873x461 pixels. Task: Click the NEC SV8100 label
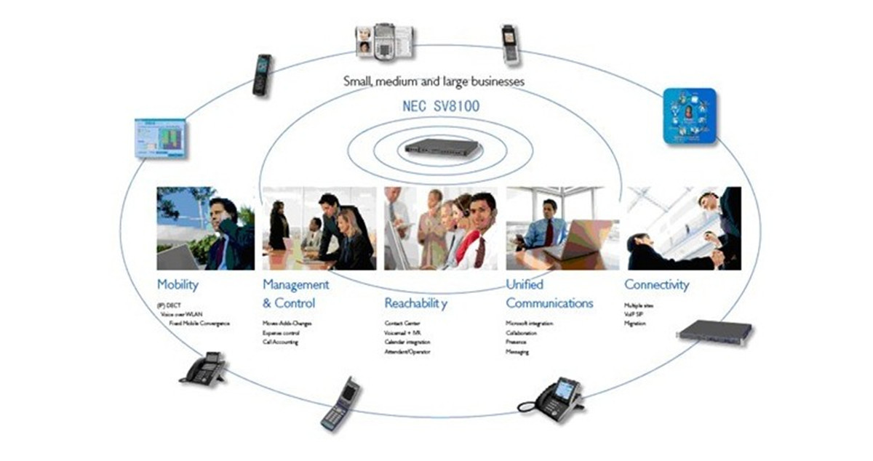[x=441, y=107]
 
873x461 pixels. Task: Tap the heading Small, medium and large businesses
[x=434, y=81]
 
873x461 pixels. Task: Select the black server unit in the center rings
[x=442, y=148]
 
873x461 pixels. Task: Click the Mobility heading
[x=178, y=285]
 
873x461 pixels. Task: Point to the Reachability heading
[x=415, y=303]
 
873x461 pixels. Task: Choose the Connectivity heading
[x=656, y=285]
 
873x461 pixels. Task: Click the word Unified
[x=525, y=284]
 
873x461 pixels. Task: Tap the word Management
[x=295, y=284]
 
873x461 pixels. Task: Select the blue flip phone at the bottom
[x=340, y=404]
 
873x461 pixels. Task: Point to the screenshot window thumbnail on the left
[x=160, y=139]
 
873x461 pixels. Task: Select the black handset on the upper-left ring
[x=262, y=75]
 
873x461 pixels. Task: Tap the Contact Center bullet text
[x=402, y=323]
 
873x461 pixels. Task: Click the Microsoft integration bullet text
[x=529, y=323]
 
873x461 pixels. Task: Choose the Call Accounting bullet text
[x=281, y=342]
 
